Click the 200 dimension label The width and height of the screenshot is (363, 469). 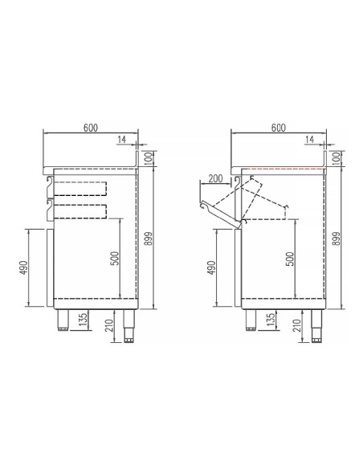(216, 177)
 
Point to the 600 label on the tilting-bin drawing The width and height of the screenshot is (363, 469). (279, 128)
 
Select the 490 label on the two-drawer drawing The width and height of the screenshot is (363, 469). (23, 267)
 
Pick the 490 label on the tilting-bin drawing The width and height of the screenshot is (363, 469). (210, 267)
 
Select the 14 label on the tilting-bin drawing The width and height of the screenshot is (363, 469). (310, 141)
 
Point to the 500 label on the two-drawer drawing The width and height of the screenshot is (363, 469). (114, 258)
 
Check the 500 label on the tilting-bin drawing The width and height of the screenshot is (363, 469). (289, 258)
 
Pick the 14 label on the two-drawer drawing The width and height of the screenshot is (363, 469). (121, 141)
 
